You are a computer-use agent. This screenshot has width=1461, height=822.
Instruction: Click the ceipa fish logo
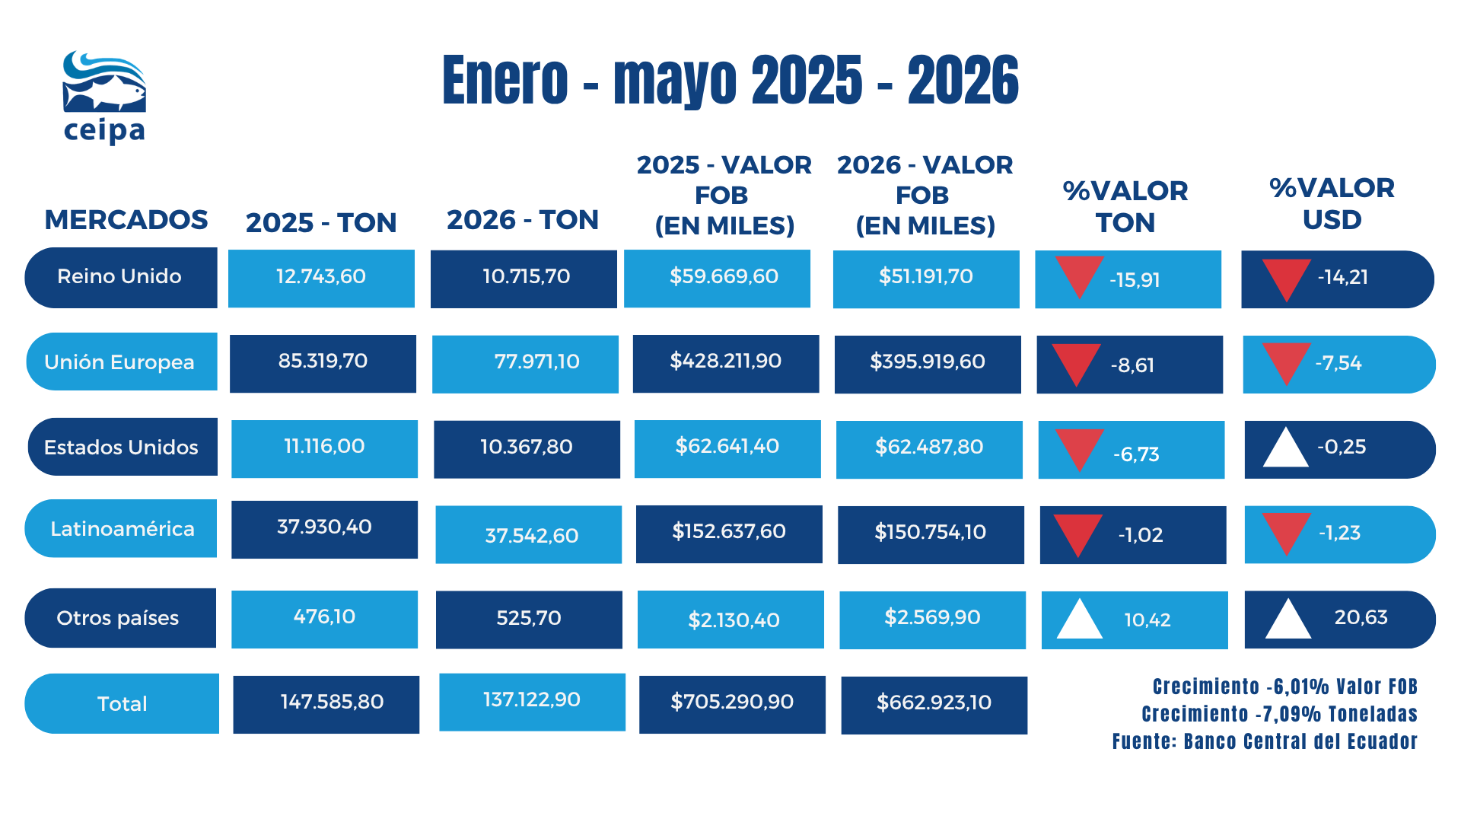(x=104, y=97)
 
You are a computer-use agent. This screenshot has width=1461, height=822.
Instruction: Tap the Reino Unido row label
(x=121, y=277)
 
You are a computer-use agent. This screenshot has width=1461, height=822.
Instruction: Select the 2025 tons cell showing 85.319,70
(x=323, y=363)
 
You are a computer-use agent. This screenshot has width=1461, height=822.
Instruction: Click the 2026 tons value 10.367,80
(x=527, y=449)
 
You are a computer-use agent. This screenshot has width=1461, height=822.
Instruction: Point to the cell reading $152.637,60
(x=729, y=534)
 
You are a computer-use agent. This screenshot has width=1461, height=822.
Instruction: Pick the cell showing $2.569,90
(x=932, y=620)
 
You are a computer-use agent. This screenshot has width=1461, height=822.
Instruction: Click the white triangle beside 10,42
(x=1080, y=619)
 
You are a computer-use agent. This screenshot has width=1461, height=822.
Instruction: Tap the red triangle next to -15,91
(x=1079, y=276)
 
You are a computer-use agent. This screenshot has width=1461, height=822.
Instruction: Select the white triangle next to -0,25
(x=1285, y=448)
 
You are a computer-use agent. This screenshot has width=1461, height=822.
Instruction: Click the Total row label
(x=122, y=703)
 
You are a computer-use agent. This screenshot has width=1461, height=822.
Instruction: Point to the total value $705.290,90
(x=732, y=704)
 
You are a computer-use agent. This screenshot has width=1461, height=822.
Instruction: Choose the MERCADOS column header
(x=126, y=220)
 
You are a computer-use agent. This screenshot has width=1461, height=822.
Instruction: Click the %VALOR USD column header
(x=1332, y=204)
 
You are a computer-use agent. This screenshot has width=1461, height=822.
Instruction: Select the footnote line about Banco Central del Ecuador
(x=1265, y=741)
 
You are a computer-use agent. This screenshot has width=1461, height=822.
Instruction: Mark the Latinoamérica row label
(x=121, y=528)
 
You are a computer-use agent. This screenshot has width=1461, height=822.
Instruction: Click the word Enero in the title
(x=505, y=81)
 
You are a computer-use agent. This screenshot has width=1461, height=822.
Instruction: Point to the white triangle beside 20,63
(x=1288, y=619)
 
